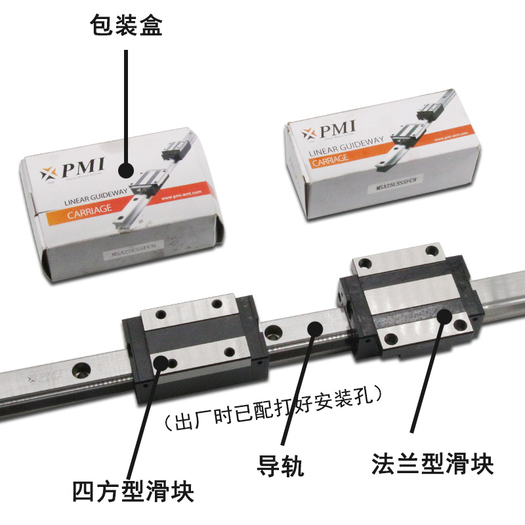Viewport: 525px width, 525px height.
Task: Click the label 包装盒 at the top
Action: [125, 26]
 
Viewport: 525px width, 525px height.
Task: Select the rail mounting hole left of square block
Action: [83, 369]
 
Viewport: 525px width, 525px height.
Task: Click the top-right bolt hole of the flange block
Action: [431, 250]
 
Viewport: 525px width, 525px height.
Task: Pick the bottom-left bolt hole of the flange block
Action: [392, 339]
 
